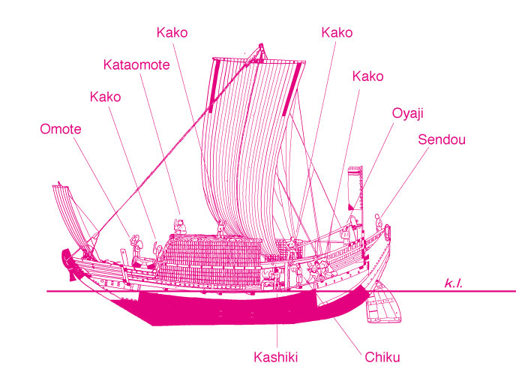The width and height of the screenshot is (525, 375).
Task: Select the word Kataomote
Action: [136, 64]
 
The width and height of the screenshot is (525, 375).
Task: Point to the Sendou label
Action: [440, 139]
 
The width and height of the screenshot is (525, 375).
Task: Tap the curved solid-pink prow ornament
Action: [69, 259]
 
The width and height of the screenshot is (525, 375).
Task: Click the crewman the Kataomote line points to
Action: [178, 225]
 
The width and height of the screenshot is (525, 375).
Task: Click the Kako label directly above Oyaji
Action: [367, 76]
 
